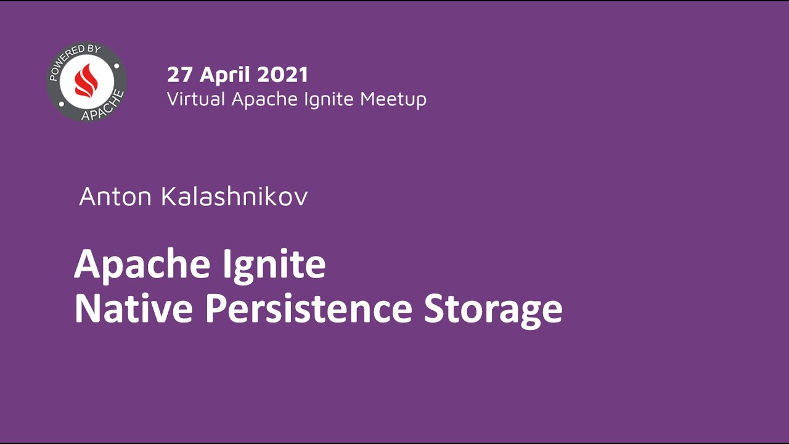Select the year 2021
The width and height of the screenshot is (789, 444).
(282, 75)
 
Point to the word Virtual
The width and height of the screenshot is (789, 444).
(197, 99)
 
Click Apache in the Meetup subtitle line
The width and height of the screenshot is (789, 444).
(261, 99)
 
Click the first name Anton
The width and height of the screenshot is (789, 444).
(117, 197)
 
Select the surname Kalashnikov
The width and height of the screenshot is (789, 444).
(234, 197)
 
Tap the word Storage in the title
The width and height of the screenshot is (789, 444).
(493, 310)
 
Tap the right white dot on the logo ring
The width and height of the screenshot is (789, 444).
(116, 65)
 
